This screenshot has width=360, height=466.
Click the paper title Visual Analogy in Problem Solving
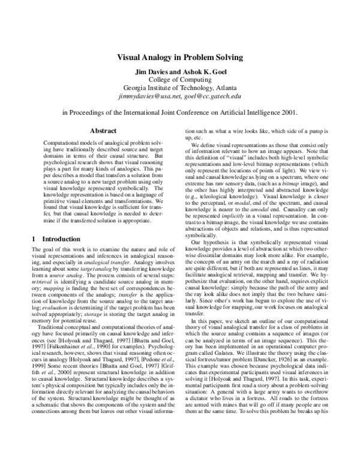click(x=179, y=58)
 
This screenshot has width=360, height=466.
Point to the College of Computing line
click(x=179, y=79)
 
